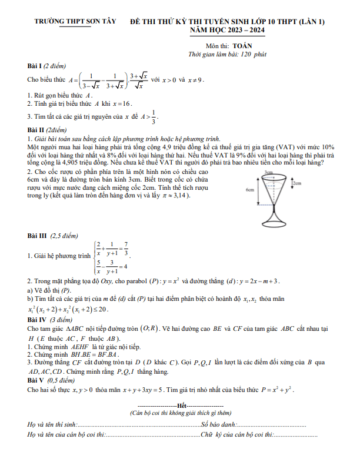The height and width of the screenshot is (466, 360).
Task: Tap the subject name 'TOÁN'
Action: (x=242, y=45)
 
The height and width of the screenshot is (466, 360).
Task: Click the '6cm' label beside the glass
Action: (x=250, y=190)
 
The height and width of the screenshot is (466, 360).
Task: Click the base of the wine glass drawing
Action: (x=272, y=224)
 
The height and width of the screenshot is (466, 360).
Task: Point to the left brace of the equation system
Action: (x=94, y=257)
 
